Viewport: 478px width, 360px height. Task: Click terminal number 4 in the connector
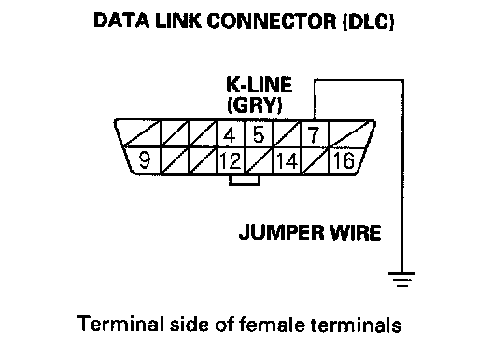231,134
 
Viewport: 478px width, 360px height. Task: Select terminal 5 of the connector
259,134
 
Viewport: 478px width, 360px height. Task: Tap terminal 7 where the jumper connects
314,134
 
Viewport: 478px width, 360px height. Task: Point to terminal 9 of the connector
144,160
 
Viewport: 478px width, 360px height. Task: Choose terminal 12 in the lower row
231,160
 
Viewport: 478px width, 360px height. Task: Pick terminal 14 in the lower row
287,160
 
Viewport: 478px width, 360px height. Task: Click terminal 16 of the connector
344,160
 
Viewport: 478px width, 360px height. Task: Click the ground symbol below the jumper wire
401,280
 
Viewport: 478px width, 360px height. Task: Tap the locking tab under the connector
245,180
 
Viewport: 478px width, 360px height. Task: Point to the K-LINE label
260,85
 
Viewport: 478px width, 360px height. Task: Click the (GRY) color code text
255,105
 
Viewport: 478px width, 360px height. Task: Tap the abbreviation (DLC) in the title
369,21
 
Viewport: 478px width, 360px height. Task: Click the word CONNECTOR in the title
272,21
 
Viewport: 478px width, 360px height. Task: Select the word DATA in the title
121,21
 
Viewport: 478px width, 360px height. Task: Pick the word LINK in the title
178,21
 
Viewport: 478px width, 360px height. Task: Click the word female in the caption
272,325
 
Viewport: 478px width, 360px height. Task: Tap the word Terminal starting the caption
120,324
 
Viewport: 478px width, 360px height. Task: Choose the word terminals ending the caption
356,325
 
